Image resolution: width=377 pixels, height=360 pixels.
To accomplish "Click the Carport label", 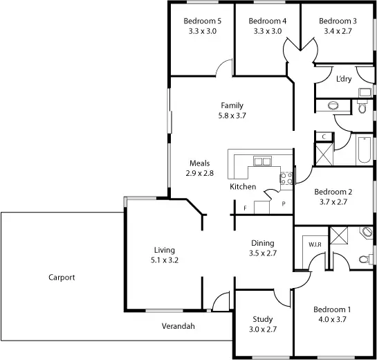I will click(62, 277).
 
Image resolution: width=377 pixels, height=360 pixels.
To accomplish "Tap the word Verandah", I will click(178, 325).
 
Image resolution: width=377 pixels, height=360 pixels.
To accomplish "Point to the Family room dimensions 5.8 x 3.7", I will click(232, 116).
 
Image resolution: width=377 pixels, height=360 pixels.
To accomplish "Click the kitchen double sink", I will click(263, 162).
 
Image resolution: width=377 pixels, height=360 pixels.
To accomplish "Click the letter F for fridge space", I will click(244, 208).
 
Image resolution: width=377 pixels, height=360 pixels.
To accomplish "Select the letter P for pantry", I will click(283, 204).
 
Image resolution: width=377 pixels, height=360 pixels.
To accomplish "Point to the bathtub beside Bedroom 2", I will click(365, 151).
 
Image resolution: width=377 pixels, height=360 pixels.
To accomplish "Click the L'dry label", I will click(343, 79).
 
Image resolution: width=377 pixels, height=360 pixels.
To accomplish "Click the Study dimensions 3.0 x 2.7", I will click(262, 330).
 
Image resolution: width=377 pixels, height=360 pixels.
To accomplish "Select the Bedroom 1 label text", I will click(333, 309).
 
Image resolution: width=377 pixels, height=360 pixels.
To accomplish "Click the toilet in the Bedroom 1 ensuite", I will click(365, 259).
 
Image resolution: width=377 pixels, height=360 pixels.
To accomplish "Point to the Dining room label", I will click(262, 243).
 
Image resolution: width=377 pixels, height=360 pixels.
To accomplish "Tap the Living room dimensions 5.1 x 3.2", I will click(165, 260).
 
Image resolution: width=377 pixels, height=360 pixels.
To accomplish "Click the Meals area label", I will click(199, 163).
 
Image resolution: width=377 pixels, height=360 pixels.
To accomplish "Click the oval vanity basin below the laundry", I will click(333, 105).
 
